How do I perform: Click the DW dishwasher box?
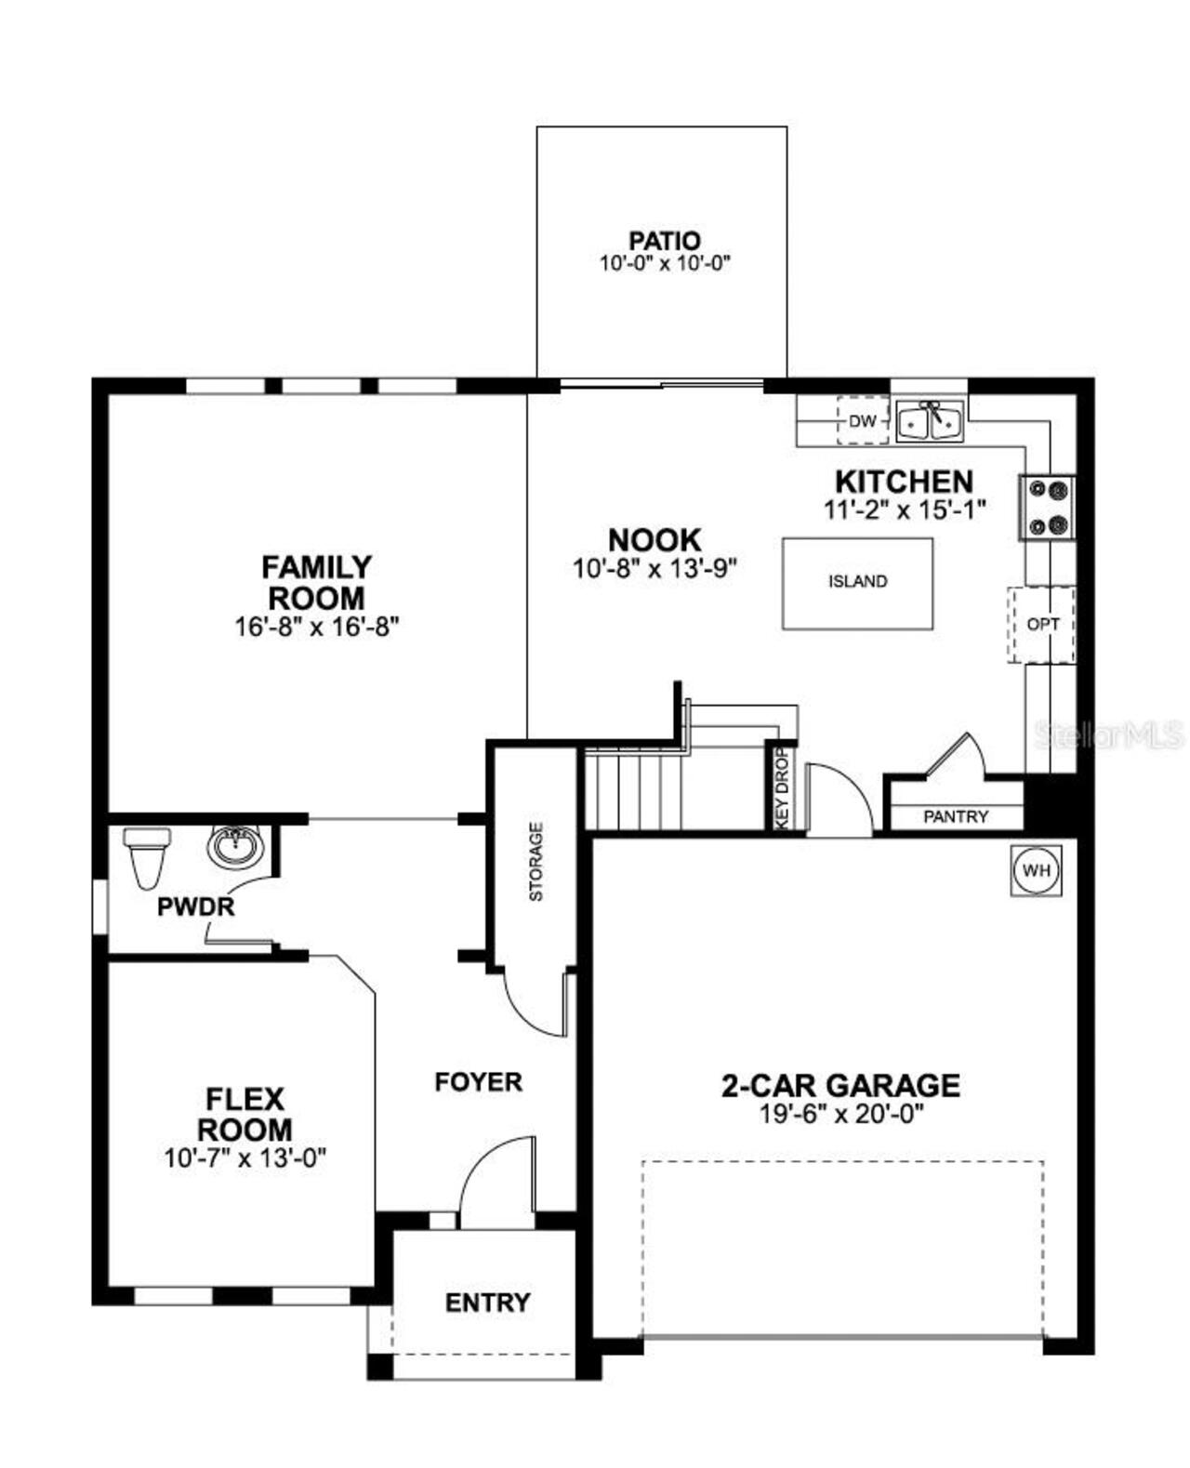[x=863, y=421]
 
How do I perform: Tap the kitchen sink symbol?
[x=931, y=421]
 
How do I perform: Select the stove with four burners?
[x=1048, y=508]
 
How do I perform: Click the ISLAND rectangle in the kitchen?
[x=857, y=582]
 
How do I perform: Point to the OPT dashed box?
[x=1042, y=624]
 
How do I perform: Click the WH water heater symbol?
[x=1036, y=871]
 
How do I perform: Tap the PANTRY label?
[x=956, y=816]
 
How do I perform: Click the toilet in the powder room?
[x=146, y=857]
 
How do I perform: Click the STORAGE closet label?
[x=535, y=862]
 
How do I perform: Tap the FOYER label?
[x=478, y=1081]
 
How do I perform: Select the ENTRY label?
[x=487, y=1303]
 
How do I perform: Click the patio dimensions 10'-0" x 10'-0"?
[x=665, y=264]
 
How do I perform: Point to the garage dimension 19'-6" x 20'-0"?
[x=840, y=1114]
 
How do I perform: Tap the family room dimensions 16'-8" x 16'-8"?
[x=316, y=627]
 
